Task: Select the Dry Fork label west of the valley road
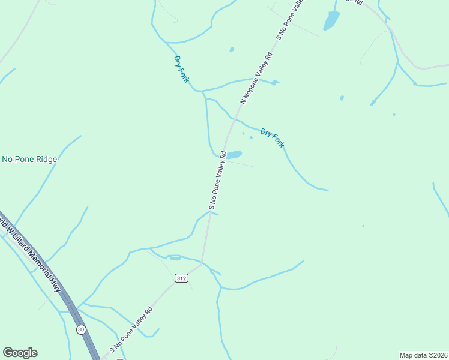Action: point(181,69)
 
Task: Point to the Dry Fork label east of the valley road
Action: point(272,138)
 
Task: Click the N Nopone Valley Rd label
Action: point(257,78)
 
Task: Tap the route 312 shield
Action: point(182,278)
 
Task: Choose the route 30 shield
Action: point(81,329)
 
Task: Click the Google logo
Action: point(20,353)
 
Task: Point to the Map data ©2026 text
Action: point(423,355)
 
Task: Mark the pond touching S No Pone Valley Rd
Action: point(234,155)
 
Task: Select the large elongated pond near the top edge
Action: point(331,21)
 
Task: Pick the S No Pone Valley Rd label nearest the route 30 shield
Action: point(131,330)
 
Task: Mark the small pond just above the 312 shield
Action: point(175,259)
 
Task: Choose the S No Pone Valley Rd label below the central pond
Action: point(217,181)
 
